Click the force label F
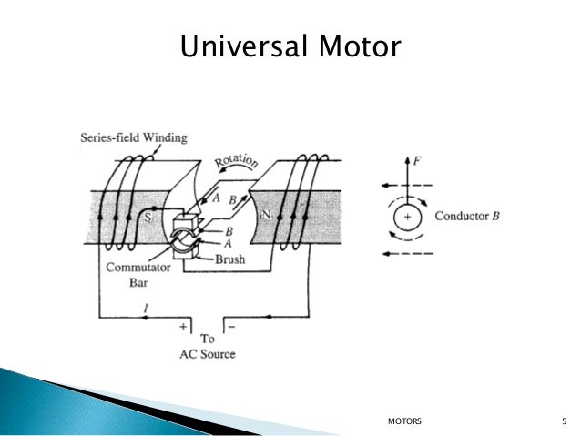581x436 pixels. (418, 161)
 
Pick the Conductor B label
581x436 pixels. (468, 217)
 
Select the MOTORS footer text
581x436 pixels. (405, 421)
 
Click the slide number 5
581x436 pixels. (565, 421)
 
